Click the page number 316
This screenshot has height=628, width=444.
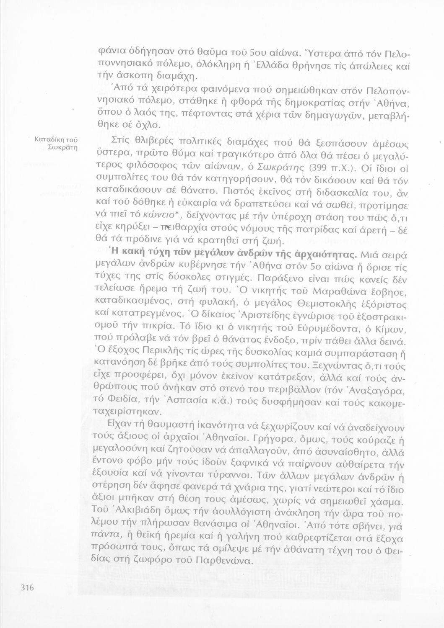[26, 588]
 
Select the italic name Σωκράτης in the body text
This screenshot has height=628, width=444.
[273, 168]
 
